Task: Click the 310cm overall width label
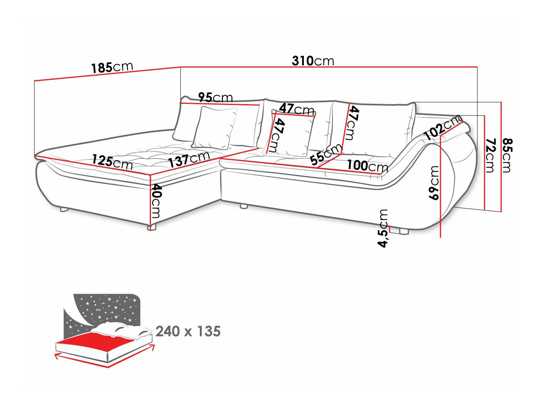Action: point(313,61)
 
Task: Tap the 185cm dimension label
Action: point(112,67)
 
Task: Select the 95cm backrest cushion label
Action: point(216,97)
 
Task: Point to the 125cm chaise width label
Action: point(112,162)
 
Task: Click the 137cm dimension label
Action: point(189,160)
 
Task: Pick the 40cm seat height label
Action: point(156,201)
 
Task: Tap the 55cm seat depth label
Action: point(326,154)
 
